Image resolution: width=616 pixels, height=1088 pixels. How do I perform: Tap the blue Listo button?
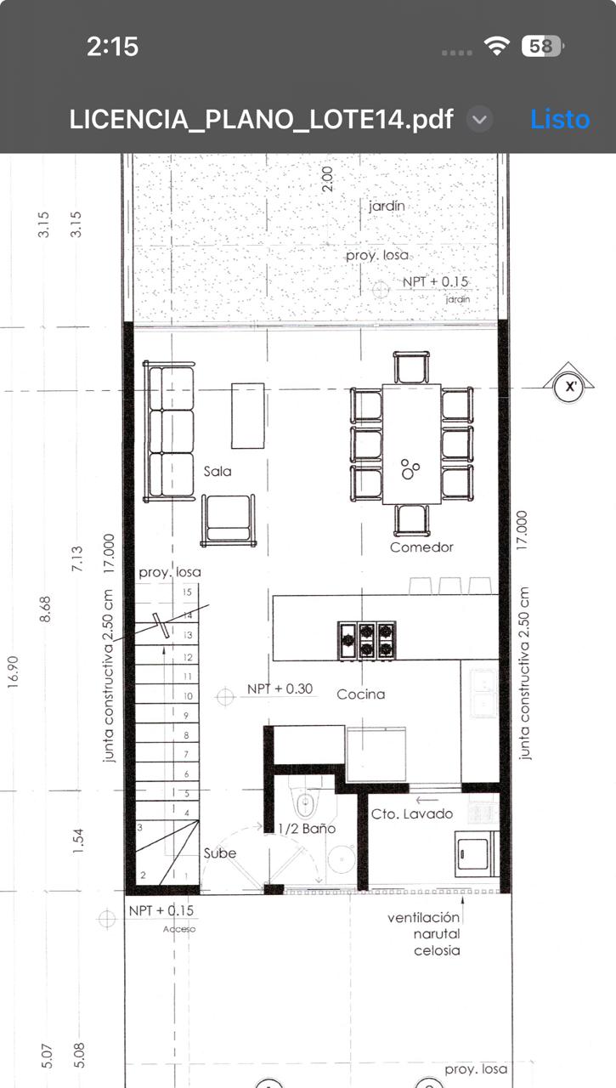560,120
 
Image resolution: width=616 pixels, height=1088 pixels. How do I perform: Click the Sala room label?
218,471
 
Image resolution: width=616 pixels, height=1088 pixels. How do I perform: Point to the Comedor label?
421,547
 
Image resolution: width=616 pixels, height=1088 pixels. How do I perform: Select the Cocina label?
360,694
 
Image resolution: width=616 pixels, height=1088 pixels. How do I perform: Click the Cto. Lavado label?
411,813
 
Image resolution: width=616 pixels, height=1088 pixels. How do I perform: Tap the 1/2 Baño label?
307,828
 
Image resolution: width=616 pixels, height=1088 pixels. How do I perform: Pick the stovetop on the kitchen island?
366,641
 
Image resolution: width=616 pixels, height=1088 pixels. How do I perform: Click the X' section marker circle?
570,387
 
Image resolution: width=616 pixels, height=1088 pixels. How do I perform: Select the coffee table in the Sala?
247,416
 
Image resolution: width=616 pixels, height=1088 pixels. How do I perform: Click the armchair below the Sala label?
229,520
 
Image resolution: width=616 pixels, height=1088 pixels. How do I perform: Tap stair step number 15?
187,592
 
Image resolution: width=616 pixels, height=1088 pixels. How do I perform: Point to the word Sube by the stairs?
220,853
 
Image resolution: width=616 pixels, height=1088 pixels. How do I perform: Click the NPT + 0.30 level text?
280,688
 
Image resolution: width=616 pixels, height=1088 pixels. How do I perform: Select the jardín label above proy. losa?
387,206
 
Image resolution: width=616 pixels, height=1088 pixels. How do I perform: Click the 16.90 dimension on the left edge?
13,671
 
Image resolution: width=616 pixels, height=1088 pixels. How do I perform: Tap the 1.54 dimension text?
77,841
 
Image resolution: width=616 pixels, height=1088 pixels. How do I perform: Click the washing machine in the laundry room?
472,853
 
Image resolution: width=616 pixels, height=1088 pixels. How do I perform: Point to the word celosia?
437,950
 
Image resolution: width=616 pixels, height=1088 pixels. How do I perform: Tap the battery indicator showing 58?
542,47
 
